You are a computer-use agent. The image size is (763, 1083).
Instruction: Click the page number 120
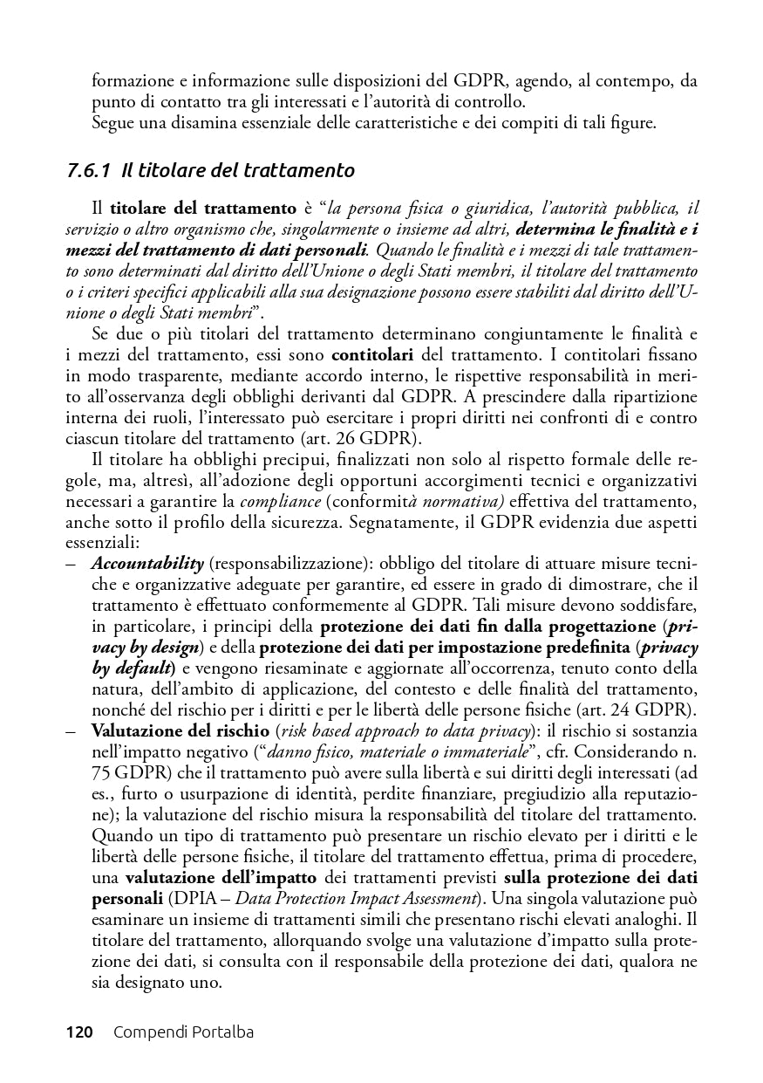(79, 1032)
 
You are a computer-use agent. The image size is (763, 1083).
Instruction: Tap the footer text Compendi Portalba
(183, 1032)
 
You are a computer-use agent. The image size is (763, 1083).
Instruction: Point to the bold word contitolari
(375, 357)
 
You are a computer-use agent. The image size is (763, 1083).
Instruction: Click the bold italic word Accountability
(147, 563)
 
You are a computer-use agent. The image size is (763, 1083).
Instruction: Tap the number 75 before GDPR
(103, 772)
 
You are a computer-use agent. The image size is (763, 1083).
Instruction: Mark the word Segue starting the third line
(111, 123)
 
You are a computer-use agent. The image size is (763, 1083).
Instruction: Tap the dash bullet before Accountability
(71, 563)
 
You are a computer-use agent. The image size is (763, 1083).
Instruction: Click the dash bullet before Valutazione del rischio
(71, 730)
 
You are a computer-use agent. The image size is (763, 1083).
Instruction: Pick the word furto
(141, 793)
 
